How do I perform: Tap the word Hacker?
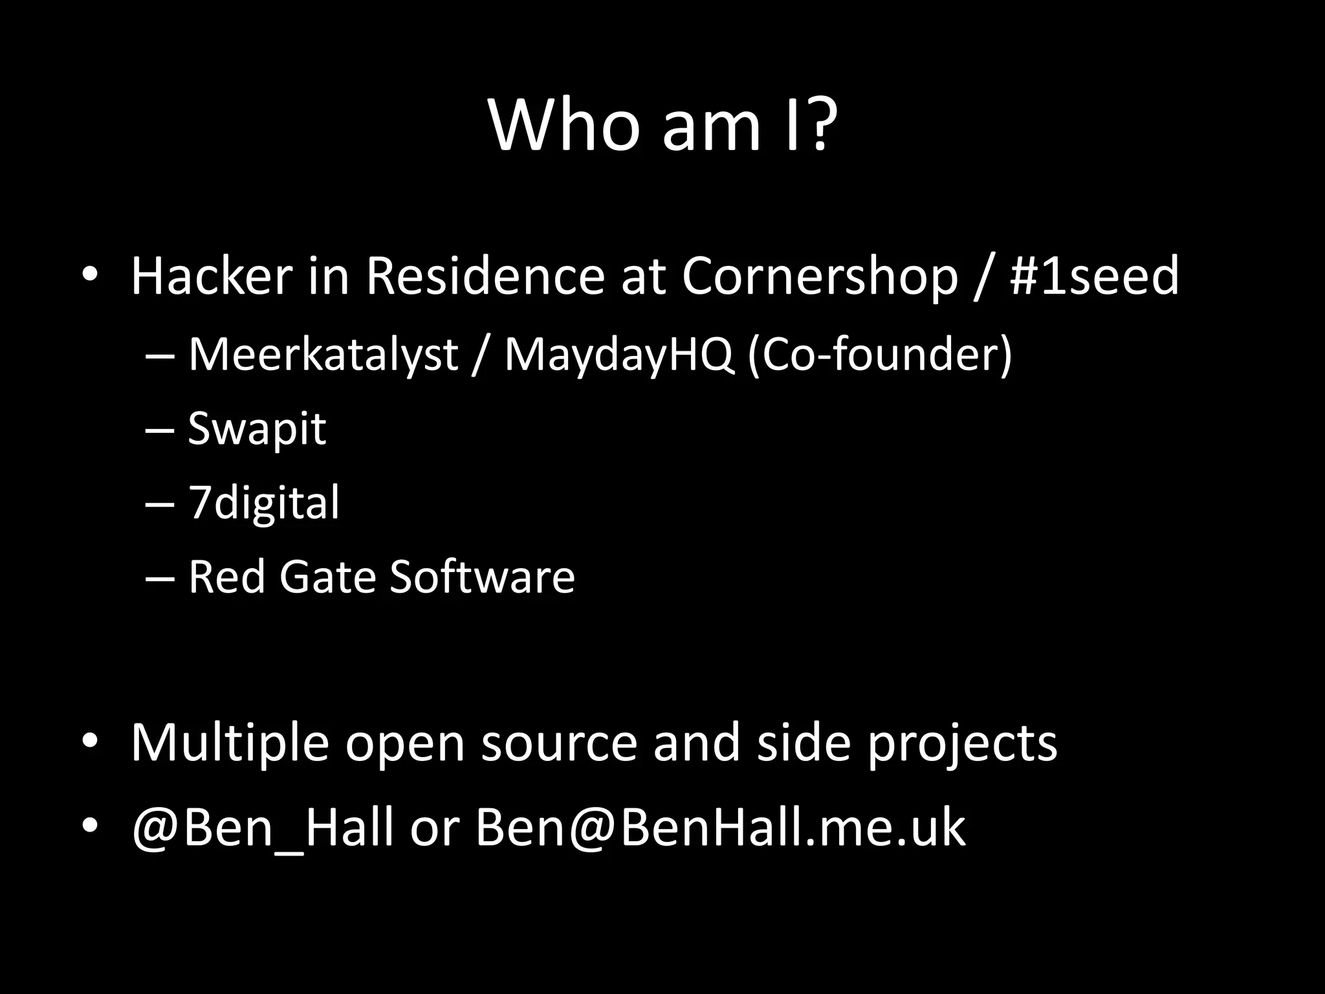tap(212, 276)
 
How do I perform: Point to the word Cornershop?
tap(819, 276)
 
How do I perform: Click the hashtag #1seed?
tap(1095, 276)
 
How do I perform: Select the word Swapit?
tap(257, 428)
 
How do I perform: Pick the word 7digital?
tap(263, 502)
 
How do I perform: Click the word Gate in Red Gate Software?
tap(327, 576)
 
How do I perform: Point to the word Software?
tap(482, 576)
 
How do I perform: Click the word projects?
tap(962, 743)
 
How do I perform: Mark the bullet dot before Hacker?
tap(89, 275)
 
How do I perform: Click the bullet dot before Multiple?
tap(89, 740)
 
